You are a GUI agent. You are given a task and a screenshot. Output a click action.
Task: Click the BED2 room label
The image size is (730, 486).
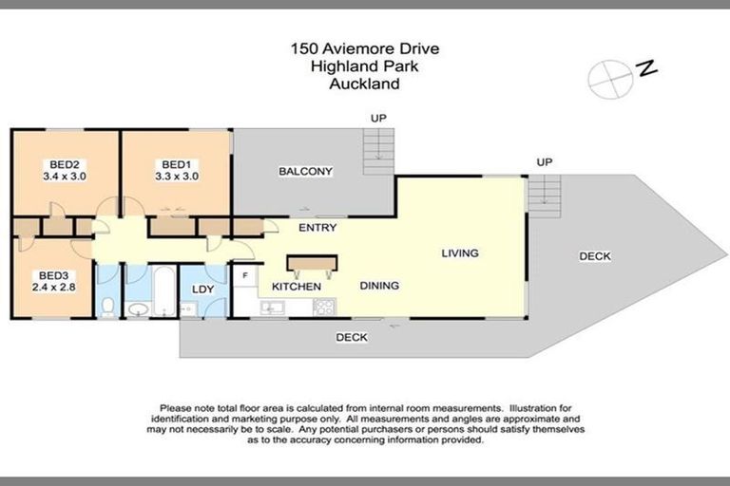click(63, 162)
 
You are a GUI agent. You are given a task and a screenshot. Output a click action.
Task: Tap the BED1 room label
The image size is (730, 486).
click(176, 162)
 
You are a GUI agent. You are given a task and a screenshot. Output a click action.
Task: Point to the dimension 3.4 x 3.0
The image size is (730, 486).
click(63, 176)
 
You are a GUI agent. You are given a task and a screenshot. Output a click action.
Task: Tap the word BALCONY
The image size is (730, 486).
click(305, 172)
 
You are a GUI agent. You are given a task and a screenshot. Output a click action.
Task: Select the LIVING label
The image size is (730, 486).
click(459, 253)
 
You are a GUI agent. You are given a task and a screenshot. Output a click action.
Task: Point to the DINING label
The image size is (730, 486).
click(378, 286)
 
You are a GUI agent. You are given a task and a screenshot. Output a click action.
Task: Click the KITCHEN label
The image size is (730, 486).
click(296, 286)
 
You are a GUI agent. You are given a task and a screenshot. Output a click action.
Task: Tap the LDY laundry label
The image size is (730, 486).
click(202, 290)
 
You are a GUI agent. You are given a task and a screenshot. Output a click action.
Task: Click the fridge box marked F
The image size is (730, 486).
click(245, 276)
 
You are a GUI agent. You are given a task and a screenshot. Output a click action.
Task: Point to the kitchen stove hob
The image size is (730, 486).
click(323, 307)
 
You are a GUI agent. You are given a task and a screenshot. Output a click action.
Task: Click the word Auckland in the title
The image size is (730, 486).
click(364, 84)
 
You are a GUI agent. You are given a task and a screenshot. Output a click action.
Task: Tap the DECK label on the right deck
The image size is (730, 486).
click(594, 256)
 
